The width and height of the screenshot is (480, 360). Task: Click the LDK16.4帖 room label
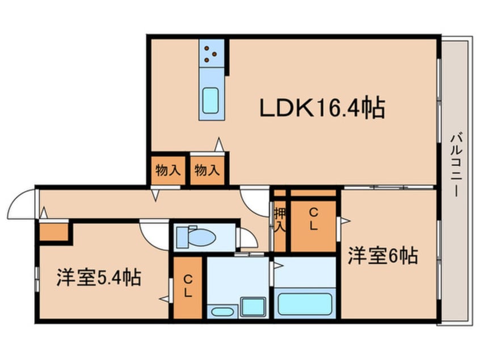(322, 108)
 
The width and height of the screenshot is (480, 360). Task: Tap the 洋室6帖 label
(382, 256)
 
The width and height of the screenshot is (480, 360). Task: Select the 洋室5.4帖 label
(99, 278)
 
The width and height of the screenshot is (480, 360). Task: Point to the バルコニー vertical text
(456, 164)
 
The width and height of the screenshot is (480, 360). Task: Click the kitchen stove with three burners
(211, 53)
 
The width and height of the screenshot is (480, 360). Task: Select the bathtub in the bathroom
(305, 304)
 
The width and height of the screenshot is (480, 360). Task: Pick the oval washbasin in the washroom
(222, 312)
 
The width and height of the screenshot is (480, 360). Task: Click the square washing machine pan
(252, 307)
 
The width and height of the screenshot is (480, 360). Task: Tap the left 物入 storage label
(168, 170)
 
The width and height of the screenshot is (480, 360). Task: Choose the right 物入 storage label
(207, 170)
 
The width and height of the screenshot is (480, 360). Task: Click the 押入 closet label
(280, 219)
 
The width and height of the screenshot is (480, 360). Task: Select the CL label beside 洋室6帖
(313, 219)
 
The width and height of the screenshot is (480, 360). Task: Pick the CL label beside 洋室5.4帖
(188, 286)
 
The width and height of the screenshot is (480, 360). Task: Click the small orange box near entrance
(53, 232)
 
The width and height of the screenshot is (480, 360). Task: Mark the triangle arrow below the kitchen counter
(219, 145)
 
